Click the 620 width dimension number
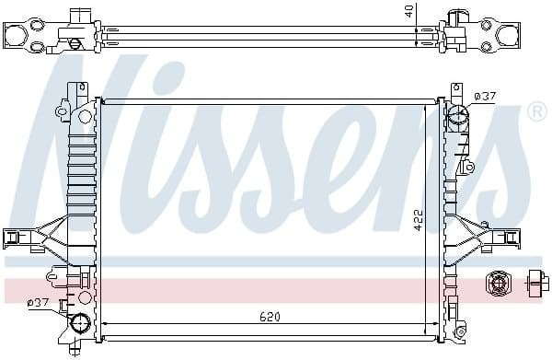[269, 318]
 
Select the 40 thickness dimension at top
[408, 11]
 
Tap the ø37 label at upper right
[484, 96]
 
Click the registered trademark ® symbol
[536, 111]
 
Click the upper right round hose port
[458, 119]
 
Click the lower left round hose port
[80, 323]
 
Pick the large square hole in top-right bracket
[508, 35]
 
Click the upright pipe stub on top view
[83, 17]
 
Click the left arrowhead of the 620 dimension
[104, 324]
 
